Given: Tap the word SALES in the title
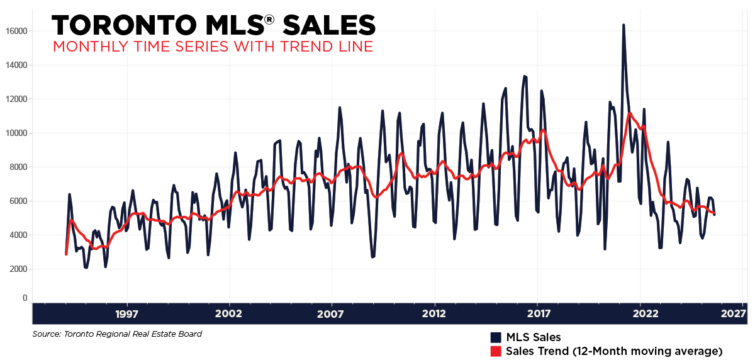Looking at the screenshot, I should pos(329,25).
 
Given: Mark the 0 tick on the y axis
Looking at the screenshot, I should pos(25,298).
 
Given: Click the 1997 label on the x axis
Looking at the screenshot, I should pos(127,313).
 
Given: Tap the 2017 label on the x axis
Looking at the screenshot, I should pos(538,313).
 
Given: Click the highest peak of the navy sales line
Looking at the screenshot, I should pos(624,25).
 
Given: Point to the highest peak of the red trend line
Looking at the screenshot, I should pos(630,113).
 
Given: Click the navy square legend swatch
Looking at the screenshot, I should pos(496,337).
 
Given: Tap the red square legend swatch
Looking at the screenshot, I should pos(496,351).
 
